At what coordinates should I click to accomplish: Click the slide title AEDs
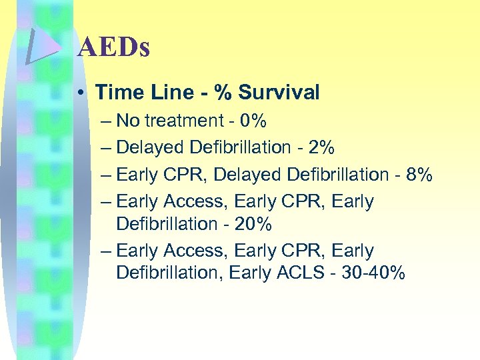(x=113, y=48)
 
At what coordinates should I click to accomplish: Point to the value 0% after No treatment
(x=253, y=121)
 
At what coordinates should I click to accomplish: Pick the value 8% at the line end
(x=419, y=175)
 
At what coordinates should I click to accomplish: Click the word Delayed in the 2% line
(x=150, y=147)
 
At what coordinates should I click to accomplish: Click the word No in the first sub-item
(x=126, y=121)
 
